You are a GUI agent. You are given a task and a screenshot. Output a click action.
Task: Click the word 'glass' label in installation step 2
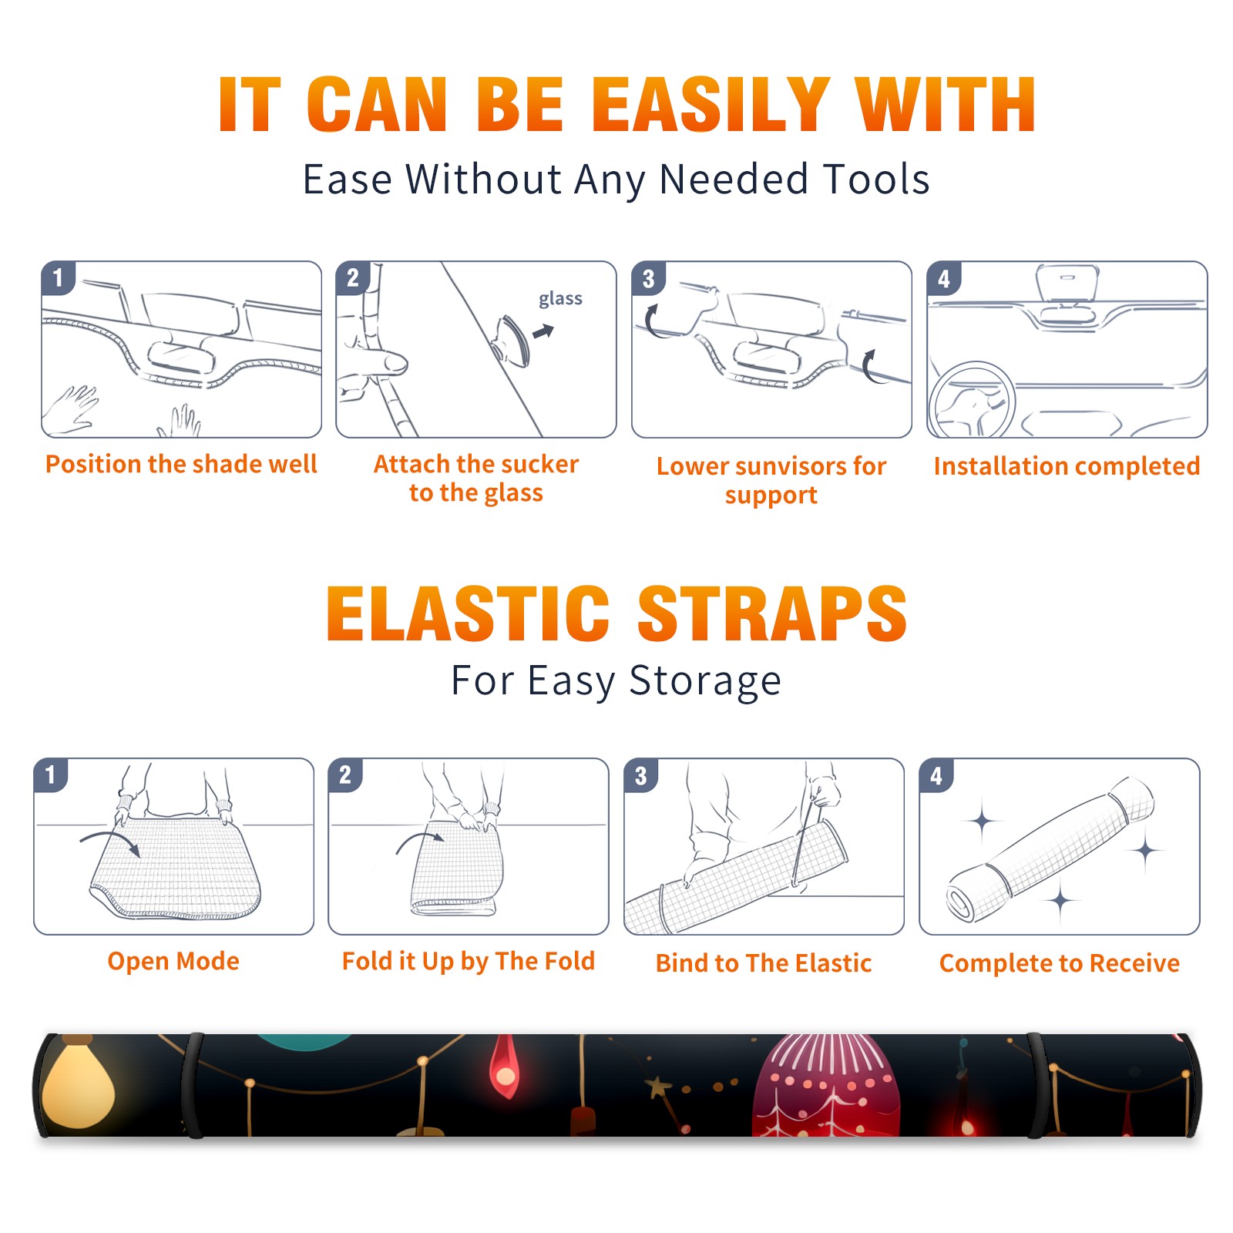pyautogui.click(x=560, y=299)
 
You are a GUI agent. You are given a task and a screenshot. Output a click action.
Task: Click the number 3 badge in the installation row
pyautogui.click(x=649, y=278)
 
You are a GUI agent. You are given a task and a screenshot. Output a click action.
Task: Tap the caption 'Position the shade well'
pyautogui.click(x=181, y=464)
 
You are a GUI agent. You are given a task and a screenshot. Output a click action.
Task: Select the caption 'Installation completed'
pyautogui.click(x=1067, y=466)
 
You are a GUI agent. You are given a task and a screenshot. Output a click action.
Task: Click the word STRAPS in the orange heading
pyautogui.click(x=772, y=613)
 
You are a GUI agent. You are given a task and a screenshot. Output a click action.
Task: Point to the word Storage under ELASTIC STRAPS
pyautogui.click(x=705, y=682)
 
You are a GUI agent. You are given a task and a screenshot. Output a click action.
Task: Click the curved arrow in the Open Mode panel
pyautogui.click(x=110, y=840)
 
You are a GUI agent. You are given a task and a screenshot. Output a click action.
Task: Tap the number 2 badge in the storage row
pyautogui.click(x=345, y=774)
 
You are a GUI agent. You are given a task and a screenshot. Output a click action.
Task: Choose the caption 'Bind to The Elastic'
pyautogui.click(x=764, y=963)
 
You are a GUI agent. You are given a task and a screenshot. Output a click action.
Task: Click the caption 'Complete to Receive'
pyautogui.click(x=1060, y=963)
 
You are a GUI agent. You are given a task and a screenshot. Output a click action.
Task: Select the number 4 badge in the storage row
pyautogui.click(x=936, y=775)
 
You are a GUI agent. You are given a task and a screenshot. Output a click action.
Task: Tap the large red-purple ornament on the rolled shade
pyautogui.click(x=825, y=1087)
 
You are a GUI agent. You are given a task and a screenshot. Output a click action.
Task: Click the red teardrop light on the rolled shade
pyautogui.click(x=505, y=1067)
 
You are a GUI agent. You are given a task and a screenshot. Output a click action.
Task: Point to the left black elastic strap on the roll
pyautogui.click(x=193, y=1085)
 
